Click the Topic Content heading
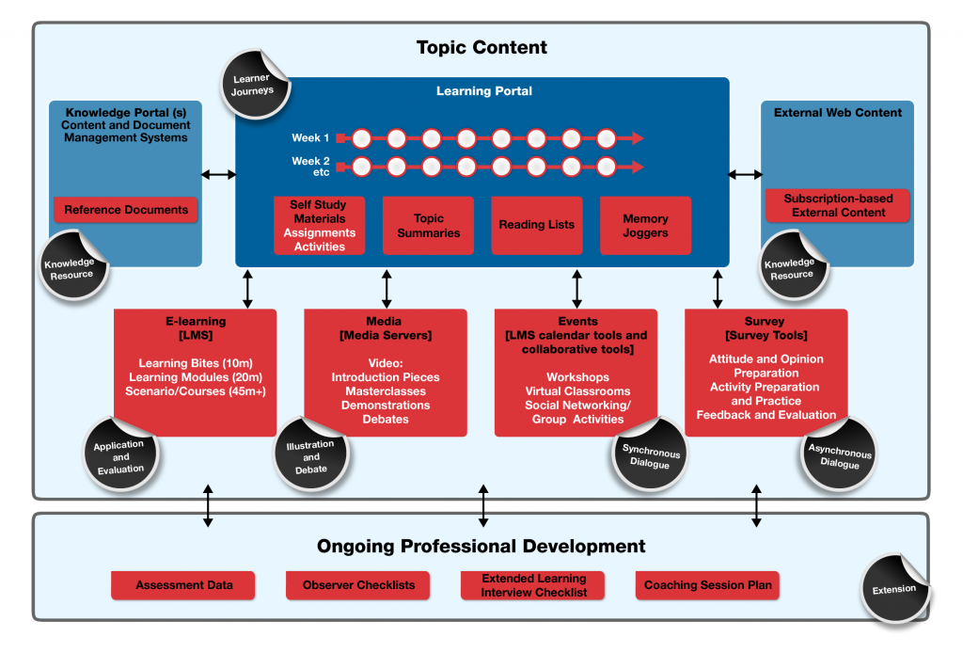481,47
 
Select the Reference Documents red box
126,210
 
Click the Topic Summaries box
428,225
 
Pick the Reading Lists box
536,225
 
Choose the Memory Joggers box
645,225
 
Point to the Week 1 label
310,138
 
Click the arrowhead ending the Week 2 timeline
638,167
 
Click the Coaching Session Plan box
707,585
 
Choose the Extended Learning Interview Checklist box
533,585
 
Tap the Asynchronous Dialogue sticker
840,457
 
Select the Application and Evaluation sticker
120,456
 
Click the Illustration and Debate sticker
310,456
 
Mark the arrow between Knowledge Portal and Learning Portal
218,174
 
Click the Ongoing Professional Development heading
481,546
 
